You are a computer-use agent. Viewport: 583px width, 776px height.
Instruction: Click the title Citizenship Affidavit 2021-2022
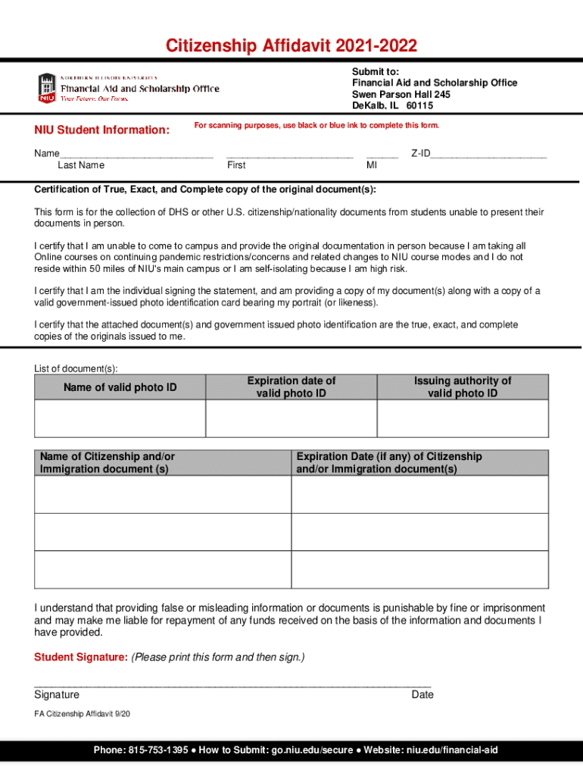click(291, 47)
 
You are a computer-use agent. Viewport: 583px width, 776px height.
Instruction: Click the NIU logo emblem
click(47, 88)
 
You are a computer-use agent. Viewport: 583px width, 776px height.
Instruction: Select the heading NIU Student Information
click(101, 130)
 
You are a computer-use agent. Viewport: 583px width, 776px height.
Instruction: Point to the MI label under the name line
click(372, 165)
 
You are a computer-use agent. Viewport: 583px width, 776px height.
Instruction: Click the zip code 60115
click(419, 106)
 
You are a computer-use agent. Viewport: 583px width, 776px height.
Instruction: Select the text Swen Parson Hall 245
click(401, 95)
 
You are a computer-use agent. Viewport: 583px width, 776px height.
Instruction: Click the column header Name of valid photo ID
click(120, 387)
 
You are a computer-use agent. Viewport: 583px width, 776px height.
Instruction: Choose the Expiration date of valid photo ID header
click(291, 387)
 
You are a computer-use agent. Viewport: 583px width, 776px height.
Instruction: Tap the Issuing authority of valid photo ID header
click(462, 387)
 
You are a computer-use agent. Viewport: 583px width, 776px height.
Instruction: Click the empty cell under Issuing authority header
click(462, 418)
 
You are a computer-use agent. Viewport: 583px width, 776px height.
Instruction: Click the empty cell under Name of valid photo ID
click(120, 418)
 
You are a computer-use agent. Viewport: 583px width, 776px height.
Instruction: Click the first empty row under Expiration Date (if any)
click(419, 494)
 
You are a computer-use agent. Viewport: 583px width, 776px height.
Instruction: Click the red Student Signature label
click(81, 657)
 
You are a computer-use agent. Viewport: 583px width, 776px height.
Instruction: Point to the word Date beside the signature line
click(422, 695)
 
